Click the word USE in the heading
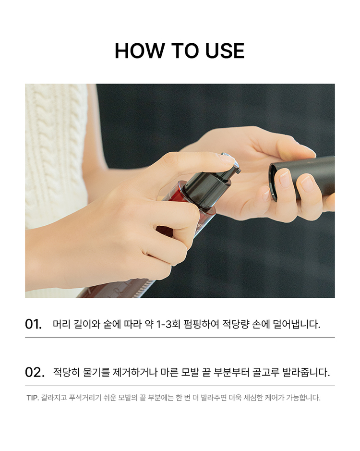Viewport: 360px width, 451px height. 225,51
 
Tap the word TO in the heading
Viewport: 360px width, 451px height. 184,51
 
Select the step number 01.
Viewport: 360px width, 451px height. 33,324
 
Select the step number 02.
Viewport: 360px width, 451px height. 35,372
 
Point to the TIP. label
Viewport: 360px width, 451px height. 33,398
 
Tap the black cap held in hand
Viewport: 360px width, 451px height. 302,177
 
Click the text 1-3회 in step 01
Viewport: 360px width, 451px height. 168,324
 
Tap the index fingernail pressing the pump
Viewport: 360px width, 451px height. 228,158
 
